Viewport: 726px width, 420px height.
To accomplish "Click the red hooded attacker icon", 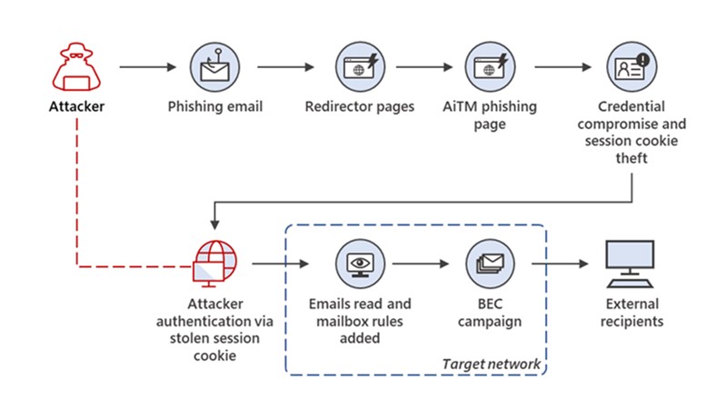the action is coord(76,67).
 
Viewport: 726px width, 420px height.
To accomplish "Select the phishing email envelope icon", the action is coord(214,67).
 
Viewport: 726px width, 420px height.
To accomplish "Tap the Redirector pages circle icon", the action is coord(360,67).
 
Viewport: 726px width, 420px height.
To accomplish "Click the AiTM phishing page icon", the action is coord(490,67).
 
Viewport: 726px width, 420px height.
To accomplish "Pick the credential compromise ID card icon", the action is coord(632,67).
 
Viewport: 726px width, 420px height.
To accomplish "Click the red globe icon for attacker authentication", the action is coord(214,263).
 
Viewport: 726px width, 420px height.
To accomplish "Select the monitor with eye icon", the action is coord(360,264).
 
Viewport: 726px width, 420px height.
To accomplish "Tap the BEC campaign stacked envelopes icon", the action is coord(490,264).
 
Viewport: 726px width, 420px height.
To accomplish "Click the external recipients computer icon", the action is coord(631,264).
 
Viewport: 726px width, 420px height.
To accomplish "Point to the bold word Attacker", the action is coord(76,106).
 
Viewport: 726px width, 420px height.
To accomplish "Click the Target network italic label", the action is coord(492,365).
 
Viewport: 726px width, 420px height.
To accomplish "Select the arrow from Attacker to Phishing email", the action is coord(148,67).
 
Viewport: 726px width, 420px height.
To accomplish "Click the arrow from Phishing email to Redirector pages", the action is coord(285,67).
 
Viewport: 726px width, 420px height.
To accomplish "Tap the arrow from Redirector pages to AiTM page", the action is coord(424,67).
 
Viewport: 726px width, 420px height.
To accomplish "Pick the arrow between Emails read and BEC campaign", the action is coord(421,264).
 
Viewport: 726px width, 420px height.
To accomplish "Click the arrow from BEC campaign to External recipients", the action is coord(560,264).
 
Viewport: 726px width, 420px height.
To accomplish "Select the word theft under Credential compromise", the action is coord(632,158).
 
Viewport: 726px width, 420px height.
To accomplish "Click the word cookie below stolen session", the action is coord(214,355).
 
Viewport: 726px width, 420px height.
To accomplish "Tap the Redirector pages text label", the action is coord(360,107).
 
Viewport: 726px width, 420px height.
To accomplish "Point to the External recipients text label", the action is coord(632,313).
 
